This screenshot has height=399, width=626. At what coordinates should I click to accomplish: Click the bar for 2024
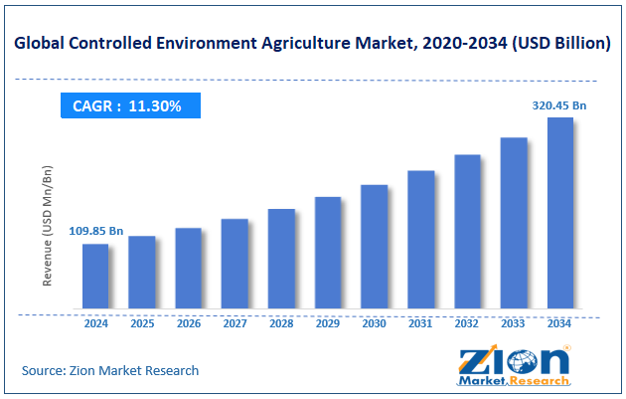point(95,276)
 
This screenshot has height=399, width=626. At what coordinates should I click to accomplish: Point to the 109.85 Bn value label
point(95,231)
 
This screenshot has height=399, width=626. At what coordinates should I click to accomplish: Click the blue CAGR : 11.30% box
point(128,105)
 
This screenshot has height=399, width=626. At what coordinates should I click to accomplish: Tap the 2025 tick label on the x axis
point(142,323)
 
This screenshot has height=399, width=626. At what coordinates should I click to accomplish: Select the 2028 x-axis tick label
point(281,323)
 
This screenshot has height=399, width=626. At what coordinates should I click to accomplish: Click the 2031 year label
point(420,323)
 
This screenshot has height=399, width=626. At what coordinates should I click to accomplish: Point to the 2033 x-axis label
point(514,323)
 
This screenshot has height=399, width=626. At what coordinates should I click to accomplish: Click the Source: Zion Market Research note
point(110,370)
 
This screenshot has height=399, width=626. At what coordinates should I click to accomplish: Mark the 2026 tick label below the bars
point(189,323)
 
